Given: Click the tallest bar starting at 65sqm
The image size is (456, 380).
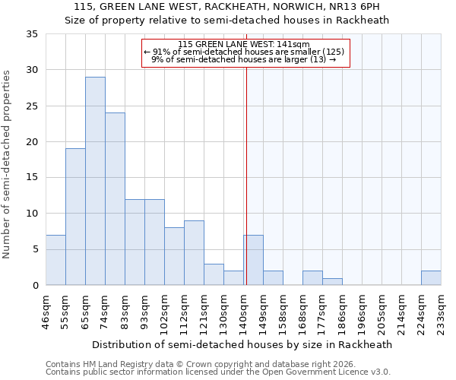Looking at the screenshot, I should tap(95, 181).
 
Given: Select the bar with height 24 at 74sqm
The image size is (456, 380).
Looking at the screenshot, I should tap(115, 199).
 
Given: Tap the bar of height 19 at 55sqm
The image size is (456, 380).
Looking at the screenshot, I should tap(75, 217).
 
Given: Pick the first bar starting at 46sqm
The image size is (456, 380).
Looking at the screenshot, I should tap(55, 260).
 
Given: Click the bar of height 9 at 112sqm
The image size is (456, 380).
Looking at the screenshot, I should tap(194, 253).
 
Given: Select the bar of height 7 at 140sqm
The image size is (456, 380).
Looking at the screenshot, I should tap(253, 260).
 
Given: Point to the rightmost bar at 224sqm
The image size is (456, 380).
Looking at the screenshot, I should tap(431, 278).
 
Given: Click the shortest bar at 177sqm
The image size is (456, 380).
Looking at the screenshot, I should tap(332, 282).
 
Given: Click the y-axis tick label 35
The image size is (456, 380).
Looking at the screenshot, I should tap(31, 34).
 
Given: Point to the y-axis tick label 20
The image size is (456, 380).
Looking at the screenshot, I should tap(31, 142).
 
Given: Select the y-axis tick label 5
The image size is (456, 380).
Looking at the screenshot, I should tap(34, 250).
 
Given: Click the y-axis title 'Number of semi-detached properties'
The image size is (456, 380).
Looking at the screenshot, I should tap(8, 163).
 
